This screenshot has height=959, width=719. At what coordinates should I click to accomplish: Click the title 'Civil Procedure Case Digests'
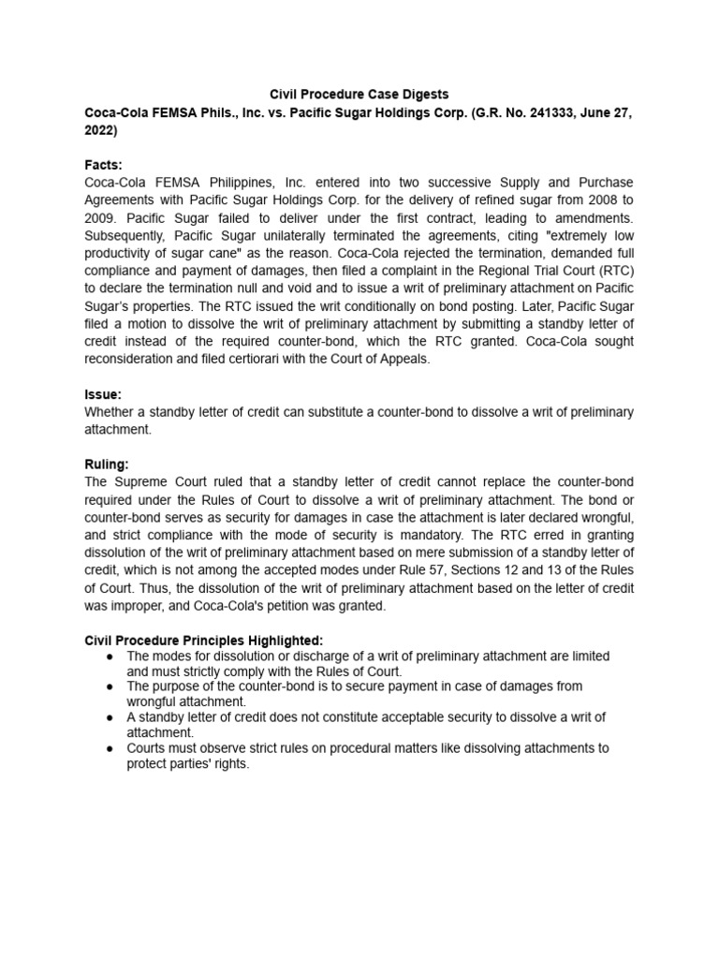[x=359, y=94]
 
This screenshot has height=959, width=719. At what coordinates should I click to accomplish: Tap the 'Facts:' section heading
[x=103, y=165]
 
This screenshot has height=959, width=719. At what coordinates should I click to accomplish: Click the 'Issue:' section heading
[x=103, y=395]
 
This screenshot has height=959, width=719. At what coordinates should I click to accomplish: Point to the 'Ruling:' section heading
[x=107, y=464]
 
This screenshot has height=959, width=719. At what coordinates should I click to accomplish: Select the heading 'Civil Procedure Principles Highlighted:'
[x=203, y=640]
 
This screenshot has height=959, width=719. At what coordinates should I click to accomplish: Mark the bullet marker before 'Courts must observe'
[x=110, y=748]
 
